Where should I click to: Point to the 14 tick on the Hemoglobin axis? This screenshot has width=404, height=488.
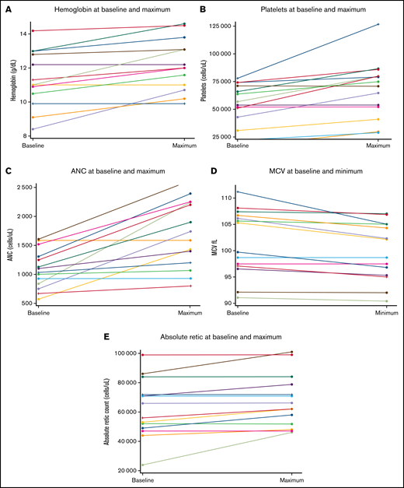[x=23, y=34]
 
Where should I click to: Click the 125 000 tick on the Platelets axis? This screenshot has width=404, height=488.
[x=221, y=25]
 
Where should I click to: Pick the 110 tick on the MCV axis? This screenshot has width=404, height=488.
[x=227, y=198]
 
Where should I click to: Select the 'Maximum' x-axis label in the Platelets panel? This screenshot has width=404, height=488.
[x=377, y=146]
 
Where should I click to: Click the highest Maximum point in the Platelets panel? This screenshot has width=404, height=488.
[x=378, y=24]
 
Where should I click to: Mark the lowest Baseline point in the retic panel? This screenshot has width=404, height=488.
[x=142, y=465]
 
